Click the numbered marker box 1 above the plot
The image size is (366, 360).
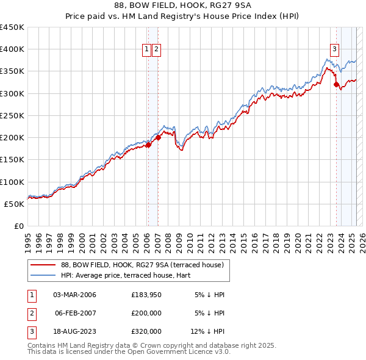147,50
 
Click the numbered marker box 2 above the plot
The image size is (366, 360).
156,50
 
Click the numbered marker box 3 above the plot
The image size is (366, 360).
335,50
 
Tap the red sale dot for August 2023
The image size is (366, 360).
336,85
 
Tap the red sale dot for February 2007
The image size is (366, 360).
158,138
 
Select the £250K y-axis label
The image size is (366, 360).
12,115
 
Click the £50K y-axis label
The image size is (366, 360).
14,204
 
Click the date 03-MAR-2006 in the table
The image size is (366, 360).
74,295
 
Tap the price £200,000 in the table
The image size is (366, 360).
146,313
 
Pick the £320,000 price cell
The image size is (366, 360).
146,331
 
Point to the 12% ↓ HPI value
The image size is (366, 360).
208,331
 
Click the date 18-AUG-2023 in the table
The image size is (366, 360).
74,331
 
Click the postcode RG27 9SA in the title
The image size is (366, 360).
233,4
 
